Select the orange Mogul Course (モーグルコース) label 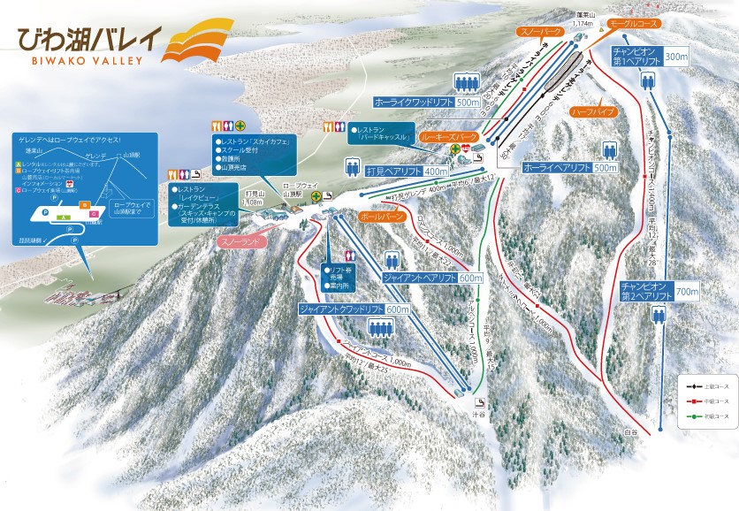point(633,27)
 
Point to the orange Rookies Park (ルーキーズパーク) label point(448,137)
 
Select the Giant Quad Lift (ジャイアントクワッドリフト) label point(340,309)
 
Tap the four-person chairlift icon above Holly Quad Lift point(466,83)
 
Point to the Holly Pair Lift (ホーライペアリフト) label point(557,167)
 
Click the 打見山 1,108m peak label point(252,198)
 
